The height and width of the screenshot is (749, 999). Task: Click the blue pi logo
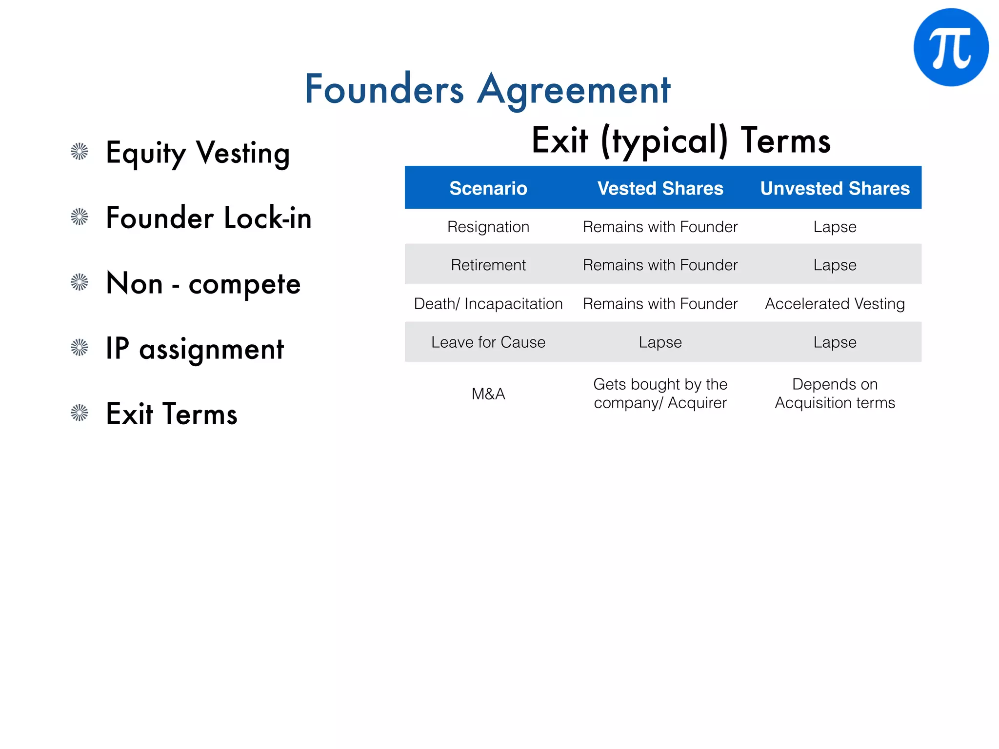coord(951,47)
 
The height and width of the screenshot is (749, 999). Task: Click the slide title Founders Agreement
coord(487,89)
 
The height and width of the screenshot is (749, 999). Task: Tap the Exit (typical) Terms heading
coord(681,140)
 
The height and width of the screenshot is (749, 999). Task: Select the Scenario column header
coord(488,188)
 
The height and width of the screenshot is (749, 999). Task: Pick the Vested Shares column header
coord(660,188)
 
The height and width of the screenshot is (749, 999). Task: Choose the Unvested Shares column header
coord(835,188)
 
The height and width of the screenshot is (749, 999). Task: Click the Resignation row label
coord(488,227)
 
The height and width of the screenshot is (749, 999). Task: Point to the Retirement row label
coord(488,265)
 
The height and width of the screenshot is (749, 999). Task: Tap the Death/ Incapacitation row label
coord(488,304)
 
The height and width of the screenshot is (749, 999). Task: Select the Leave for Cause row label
coord(488,342)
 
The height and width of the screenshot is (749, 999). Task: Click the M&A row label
coord(488,394)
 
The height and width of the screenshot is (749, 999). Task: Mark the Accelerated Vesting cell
coord(835,304)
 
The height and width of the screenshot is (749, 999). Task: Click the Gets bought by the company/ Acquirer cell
coord(660,394)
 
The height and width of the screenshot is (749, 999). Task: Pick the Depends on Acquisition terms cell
coord(835,394)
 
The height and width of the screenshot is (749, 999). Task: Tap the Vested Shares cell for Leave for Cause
coord(660,342)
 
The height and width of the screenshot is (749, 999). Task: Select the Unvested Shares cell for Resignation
coord(835,227)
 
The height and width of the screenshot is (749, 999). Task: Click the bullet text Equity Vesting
coord(198,153)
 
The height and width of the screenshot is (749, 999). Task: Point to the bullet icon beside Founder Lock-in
coord(80,217)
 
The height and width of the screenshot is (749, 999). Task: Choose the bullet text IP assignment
coord(195,349)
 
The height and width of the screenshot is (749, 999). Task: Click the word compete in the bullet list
coord(244,284)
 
